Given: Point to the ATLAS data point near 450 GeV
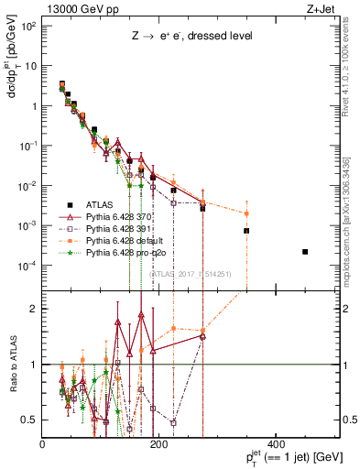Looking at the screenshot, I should coord(305,251).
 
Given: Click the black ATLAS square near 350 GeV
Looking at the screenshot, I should coord(246,231).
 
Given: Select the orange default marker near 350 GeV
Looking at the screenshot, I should coord(246,213).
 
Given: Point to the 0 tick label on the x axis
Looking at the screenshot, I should coord(43,446).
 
